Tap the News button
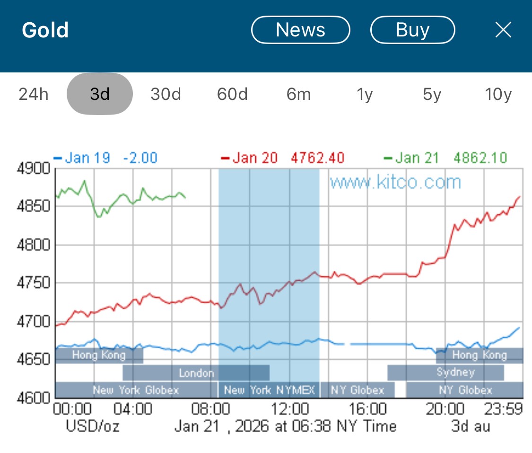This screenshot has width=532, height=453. pyautogui.click(x=300, y=30)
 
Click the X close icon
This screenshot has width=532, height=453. pyautogui.click(x=503, y=30)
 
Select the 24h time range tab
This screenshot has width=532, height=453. pyautogui.click(x=34, y=94)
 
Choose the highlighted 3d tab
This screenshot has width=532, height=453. pyautogui.click(x=100, y=94)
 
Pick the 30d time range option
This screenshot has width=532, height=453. pyautogui.click(x=166, y=94)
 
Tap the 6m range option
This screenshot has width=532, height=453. pyautogui.click(x=298, y=94)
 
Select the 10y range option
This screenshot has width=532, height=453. pyautogui.click(x=498, y=94)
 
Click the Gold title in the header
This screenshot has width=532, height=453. pyautogui.click(x=45, y=30)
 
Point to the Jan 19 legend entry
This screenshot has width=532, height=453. pyautogui.click(x=88, y=158)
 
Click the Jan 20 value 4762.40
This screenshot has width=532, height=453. pyautogui.click(x=318, y=158)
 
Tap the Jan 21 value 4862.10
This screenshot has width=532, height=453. pyautogui.click(x=480, y=158)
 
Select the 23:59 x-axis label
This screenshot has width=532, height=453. pyautogui.click(x=503, y=409)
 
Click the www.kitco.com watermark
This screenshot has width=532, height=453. pyautogui.click(x=395, y=182)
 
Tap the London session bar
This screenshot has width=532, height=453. pyautogui.click(x=196, y=373)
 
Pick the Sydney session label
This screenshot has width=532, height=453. pyautogui.click(x=455, y=372)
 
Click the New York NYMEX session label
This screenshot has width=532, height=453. pyautogui.click(x=269, y=390)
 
